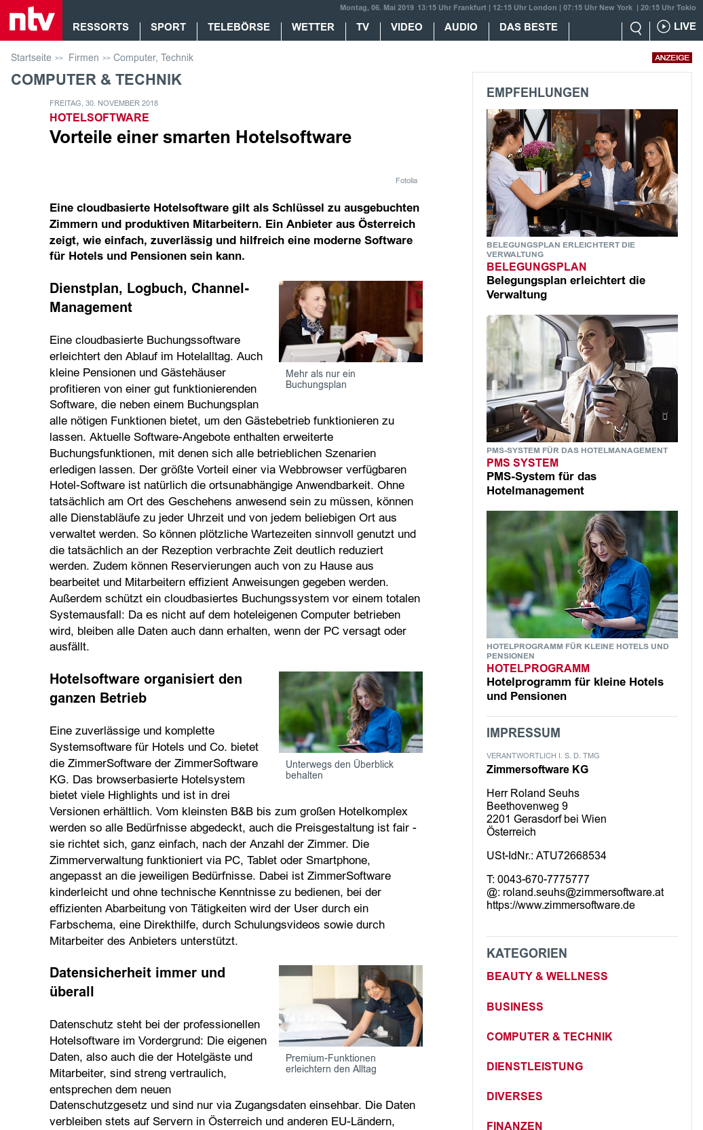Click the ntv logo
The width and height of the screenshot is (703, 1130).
click(x=31, y=20)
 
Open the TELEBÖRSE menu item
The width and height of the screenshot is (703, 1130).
click(x=238, y=27)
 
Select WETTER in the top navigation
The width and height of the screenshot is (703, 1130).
click(x=313, y=27)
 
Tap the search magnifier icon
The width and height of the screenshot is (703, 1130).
click(x=636, y=28)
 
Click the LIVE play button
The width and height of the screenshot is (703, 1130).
click(x=676, y=26)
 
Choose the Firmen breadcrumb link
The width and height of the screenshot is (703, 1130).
click(x=83, y=58)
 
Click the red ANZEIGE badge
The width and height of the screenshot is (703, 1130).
click(x=672, y=58)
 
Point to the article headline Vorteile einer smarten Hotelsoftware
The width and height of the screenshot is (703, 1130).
click(x=200, y=137)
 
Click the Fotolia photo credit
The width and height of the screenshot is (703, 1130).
click(x=406, y=180)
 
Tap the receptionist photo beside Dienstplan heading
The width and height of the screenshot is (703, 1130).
click(x=350, y=322)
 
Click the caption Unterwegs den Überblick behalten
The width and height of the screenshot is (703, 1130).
click(x=339, y=769)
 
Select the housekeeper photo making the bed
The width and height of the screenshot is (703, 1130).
click(x=350, y=1005)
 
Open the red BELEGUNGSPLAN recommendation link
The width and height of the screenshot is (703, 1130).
click(x=536, y=267)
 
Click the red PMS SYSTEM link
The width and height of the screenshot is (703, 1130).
click(x=522, y=463)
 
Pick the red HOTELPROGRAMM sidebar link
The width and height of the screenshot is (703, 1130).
click(x=537, y=668)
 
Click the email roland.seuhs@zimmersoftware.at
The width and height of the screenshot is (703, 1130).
click(x=583, y=892)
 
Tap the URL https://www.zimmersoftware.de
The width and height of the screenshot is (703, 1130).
click(x=560, y=905)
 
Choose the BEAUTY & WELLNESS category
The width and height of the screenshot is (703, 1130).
click(x=546, y=976)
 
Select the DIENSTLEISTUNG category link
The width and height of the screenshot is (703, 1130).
click(x=534, y=1066)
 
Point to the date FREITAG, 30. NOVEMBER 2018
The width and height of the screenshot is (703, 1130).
click(x=103, y=103)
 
